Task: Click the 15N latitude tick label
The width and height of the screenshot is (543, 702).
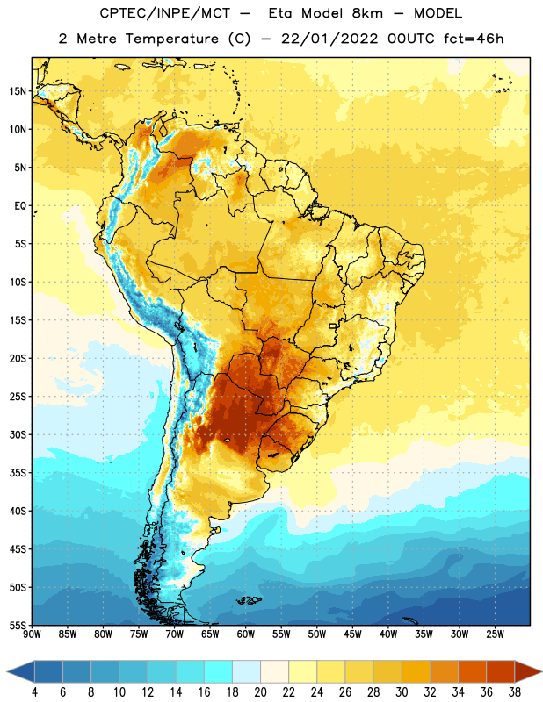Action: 18,91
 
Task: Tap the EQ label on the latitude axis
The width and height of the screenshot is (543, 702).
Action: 20,206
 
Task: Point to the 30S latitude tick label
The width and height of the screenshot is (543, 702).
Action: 18,434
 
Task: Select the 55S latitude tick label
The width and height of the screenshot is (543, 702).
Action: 18,626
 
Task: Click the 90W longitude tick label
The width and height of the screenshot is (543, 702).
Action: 32,634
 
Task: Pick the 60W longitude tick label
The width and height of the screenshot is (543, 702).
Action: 246,634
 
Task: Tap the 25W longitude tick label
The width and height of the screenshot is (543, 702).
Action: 495,634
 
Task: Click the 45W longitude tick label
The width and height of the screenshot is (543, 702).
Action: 352,634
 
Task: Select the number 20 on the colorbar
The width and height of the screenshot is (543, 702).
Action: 260,692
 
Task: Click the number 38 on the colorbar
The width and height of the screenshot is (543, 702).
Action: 514,692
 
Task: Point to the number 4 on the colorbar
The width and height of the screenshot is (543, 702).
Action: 34,692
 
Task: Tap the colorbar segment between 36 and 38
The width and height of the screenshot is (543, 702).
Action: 501,671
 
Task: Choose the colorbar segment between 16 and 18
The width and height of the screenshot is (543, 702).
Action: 219,671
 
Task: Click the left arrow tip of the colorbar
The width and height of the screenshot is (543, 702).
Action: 7,671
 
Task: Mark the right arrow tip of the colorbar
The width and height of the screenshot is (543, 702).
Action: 541,671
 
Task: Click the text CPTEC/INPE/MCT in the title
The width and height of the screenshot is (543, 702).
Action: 164,13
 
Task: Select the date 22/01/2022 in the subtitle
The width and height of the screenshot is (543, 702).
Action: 329,39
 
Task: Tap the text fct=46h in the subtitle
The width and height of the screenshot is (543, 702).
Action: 474,39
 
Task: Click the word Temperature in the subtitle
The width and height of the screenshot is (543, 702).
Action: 171,39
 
